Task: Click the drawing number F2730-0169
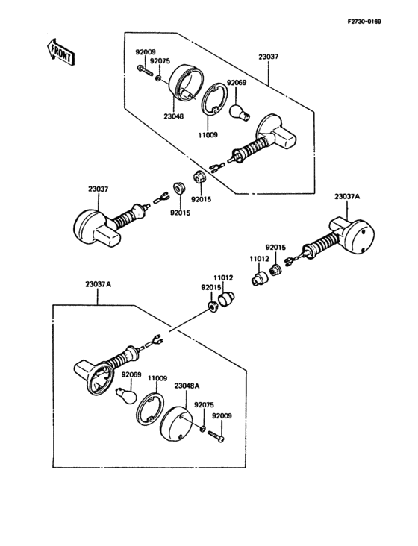pyautogui.click(x=364, y=22)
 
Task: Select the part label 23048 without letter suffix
pyautogui.click(x=173, y=116)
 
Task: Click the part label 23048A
pyautogui.click(x=187, y=386)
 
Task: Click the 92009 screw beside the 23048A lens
pyautogui.click(x=216, y=436)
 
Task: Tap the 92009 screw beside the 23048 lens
pyautogui.click(x=146, y=70)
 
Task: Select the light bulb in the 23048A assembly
pyautogui.click(x=126, y=395)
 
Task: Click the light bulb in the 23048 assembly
pyautogui.click(x=240, y=113)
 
